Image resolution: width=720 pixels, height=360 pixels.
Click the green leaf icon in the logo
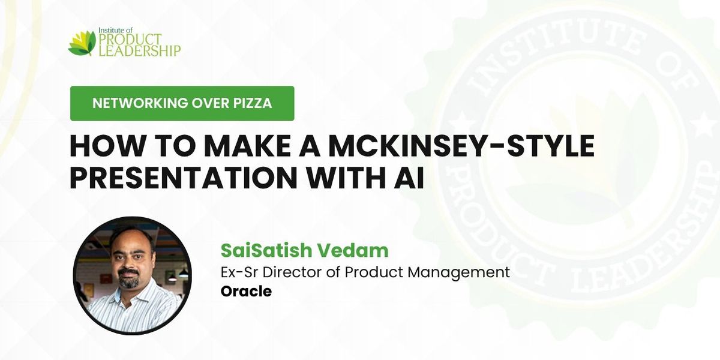point(82,43)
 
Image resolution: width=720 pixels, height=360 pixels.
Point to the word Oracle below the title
point(246,292)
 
